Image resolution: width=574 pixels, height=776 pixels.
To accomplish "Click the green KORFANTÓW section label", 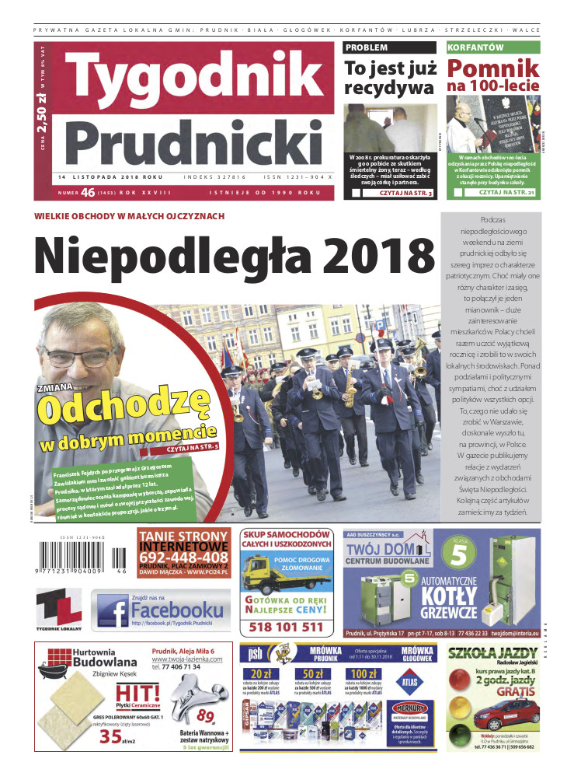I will [x=475, y=47].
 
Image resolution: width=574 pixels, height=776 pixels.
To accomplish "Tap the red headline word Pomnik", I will [x=492, y=68].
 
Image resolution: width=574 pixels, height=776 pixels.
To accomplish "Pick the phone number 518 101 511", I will [x=286, y=627].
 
